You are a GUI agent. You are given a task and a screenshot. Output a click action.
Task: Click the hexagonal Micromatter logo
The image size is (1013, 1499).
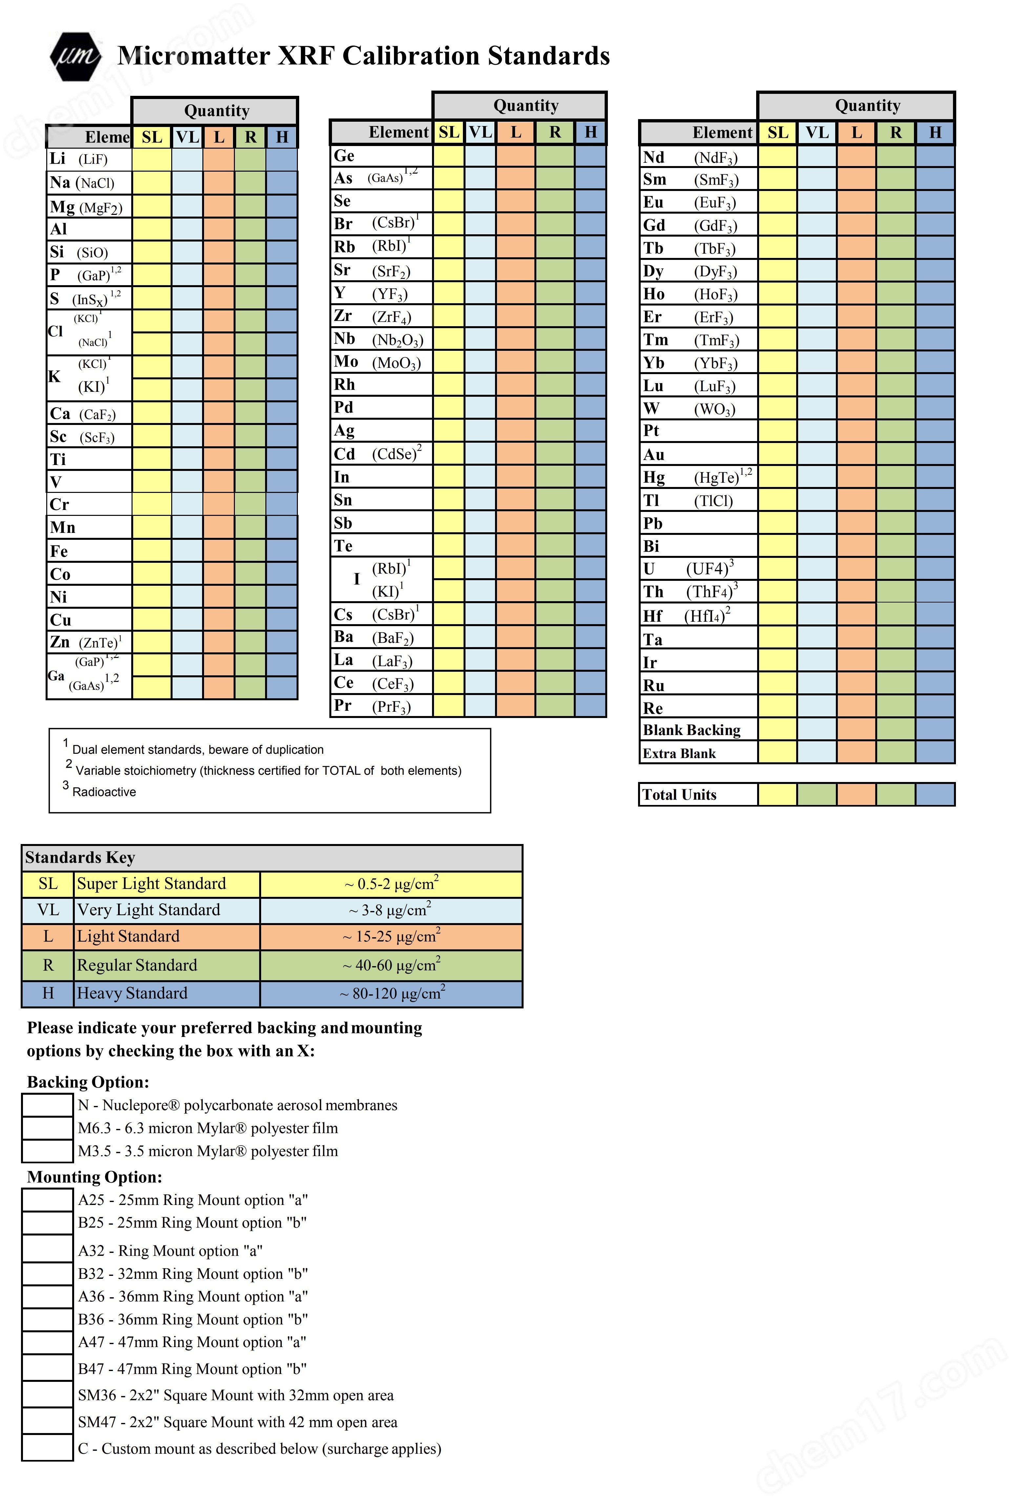point(75,57)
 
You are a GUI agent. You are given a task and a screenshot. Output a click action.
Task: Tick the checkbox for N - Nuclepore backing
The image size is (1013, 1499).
point(47,1105)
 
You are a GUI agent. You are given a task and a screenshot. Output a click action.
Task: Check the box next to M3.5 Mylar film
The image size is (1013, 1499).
point(47,1151)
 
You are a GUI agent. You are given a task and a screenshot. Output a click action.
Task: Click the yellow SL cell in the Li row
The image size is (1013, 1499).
point(152,159)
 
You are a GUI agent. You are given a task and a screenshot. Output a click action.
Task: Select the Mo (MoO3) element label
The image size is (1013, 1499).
point(377,362)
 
